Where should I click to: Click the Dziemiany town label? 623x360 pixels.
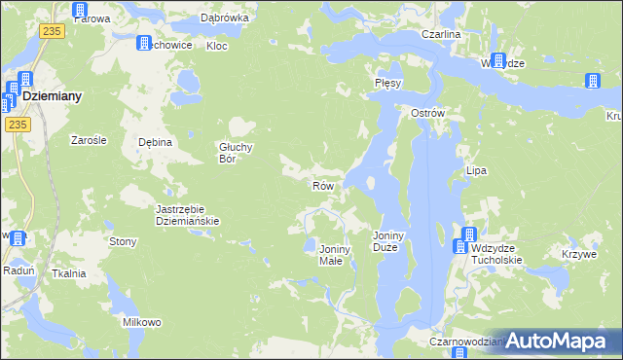pyautogui.click(x=51, y=97)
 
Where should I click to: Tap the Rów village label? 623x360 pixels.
pyautogui.click(x=324, y=185)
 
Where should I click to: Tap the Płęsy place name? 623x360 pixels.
pyautogui.click(x=387, y=84)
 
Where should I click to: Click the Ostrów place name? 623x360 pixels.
pyautogui.click(x=427, y=113)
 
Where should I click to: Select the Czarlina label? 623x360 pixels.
pyautogui.click(x=440, y=34)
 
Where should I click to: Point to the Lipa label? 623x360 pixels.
pyautogui.click(x=476, y=170)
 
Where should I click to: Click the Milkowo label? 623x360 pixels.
pyautogui.click(x=141, y=321)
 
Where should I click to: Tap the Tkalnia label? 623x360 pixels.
pyautogui.click(x=69, y=273)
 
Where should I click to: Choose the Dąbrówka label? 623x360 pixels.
pyautogui.click(x=225, y=18)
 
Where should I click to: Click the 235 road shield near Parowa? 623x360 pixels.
pyautogui.click(x=53, y=32)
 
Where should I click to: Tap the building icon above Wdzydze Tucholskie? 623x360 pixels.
pyautogui.click(x=468, y=234)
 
